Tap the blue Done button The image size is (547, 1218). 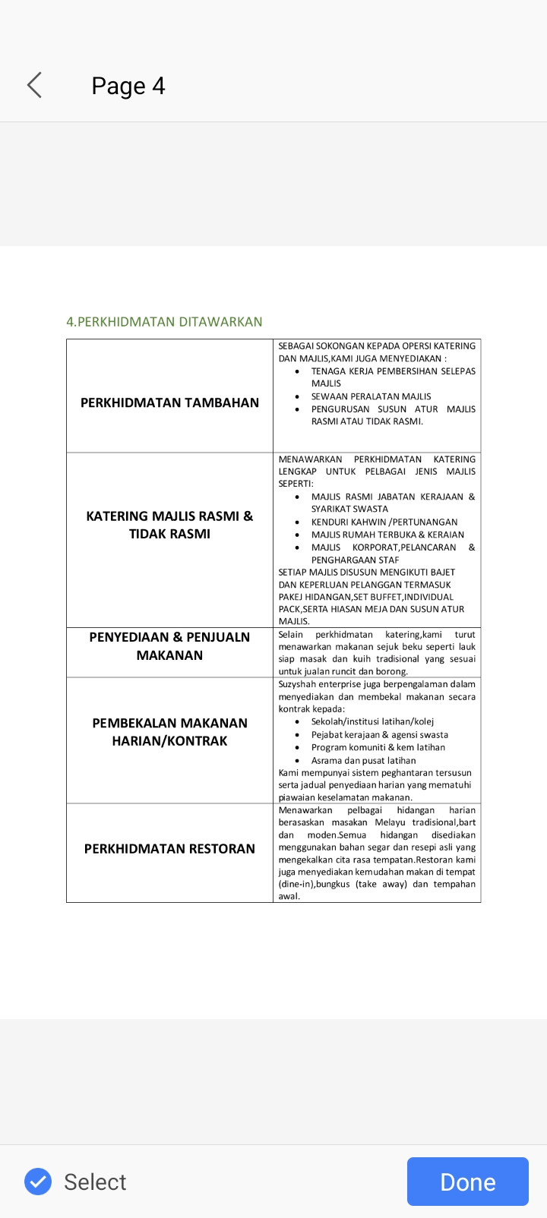point(467,1182)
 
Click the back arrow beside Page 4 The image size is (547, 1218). point(34,85)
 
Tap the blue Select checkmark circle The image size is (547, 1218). point(38,1182)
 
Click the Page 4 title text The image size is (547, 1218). point(128,86)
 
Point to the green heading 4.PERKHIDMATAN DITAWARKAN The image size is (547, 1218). point(164,322)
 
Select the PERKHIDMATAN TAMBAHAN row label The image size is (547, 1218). point(169,402)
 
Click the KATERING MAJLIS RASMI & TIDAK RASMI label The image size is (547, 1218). point(169,525)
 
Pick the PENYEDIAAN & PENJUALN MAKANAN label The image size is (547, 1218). point(169,646)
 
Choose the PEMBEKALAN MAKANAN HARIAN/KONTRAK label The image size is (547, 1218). point(169,732)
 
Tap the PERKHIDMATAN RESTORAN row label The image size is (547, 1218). point(169,848)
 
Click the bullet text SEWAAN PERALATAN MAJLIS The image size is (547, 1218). point(371,396)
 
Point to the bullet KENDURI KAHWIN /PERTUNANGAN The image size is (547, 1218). point(384,522)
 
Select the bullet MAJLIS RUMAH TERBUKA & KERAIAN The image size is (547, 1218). point(387,535)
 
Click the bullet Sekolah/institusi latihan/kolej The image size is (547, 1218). point(372,722)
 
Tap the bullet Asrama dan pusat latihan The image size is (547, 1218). point(363,760)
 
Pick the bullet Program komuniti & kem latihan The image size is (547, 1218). point(378,747)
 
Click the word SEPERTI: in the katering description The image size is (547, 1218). point(296,484)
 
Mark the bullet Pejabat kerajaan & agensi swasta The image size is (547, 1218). point(379,735)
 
